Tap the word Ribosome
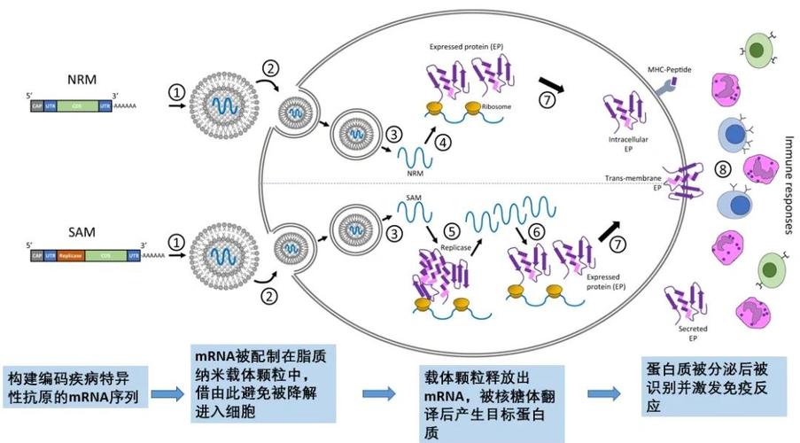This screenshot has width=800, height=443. (x=493, y=107)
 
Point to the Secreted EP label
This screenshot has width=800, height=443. (x=692, y=333)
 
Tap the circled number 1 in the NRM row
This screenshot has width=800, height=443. (x=178, y=92)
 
